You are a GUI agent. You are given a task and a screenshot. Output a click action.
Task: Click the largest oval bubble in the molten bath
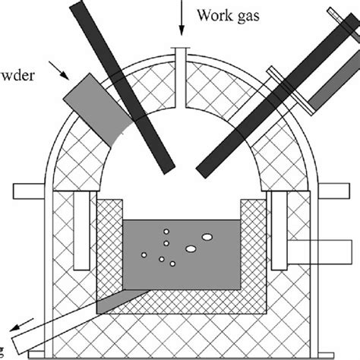point(205,246)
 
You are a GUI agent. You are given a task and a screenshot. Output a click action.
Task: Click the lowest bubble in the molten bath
point(173,264)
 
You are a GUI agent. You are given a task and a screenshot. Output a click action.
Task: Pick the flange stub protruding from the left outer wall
point(27,188)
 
